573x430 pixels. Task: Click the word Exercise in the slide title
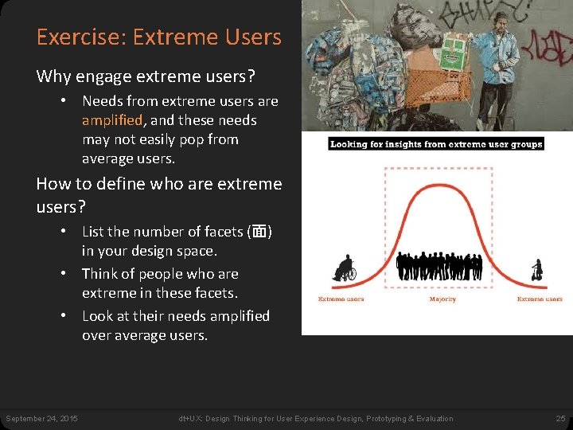pos(72,37)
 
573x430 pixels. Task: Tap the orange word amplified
pos(112,120)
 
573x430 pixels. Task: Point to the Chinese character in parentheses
pos(259,232)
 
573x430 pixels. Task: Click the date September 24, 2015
pos(41,419)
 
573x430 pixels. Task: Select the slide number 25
pos(559,419)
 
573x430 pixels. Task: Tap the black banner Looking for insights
pos(436,144)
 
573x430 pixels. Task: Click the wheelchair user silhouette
pos(345,268)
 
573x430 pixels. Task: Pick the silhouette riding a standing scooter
pos(537,270)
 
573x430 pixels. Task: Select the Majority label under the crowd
pos(442,299)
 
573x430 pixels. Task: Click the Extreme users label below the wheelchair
pos(341,299)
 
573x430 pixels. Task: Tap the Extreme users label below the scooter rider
pos(540,299)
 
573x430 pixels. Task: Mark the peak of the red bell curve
pos(439,181)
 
